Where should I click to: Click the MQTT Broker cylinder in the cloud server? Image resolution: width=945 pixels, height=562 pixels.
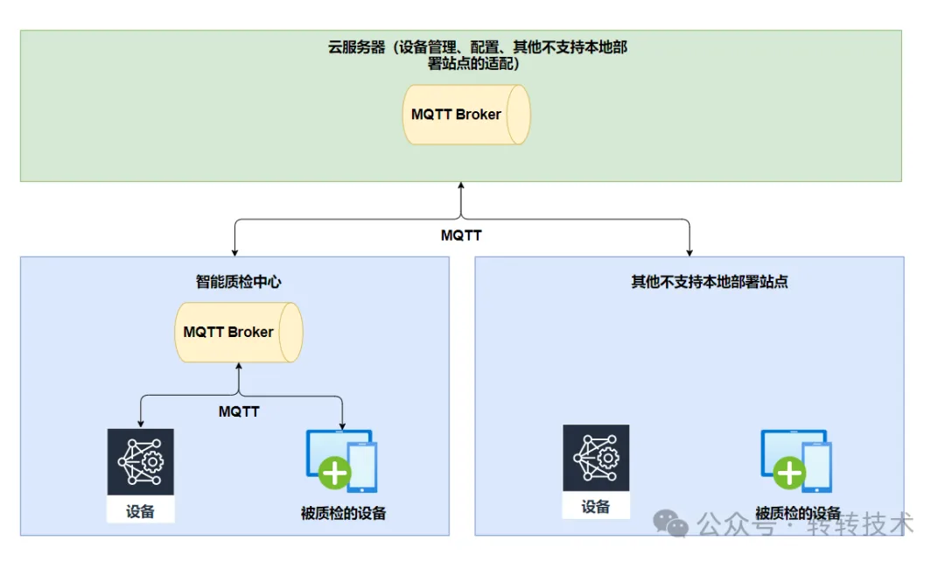pos(466,115)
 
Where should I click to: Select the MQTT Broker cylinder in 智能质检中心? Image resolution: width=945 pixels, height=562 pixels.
pos(238,333)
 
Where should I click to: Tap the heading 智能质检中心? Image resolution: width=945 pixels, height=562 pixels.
pos(238,282)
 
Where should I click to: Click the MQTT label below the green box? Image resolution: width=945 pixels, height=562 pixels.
pos(460,235)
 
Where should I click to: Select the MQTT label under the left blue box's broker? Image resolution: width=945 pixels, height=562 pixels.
pos(238,411)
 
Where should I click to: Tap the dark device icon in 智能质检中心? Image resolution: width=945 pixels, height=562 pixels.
pos(140,461)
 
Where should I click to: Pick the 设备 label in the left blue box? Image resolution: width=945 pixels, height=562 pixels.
pos(140,511)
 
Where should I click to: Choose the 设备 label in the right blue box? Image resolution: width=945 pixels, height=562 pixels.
pos(596,507)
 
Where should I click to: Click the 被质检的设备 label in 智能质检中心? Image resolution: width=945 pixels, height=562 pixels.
pos(342,513)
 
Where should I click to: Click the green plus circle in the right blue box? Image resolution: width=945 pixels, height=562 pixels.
pos(790,474)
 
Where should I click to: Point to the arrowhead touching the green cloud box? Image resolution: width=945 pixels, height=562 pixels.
pos(460,186)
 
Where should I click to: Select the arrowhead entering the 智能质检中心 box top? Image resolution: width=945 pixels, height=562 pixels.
pos(234,252)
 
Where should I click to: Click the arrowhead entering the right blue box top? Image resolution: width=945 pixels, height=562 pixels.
pos(689,252)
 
